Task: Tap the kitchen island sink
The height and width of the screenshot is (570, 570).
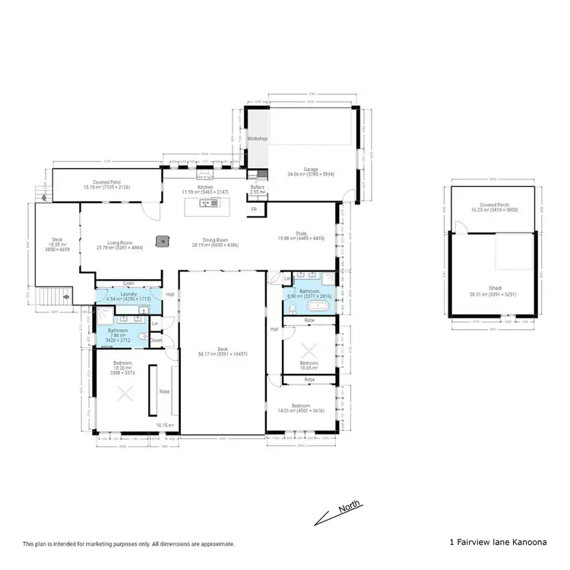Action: tap(206, 203)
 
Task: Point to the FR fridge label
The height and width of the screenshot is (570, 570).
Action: tap(255, 208)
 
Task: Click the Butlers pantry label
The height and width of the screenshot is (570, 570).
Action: tap(257, 187)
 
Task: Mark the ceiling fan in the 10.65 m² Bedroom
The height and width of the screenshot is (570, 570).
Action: tap(309, 351)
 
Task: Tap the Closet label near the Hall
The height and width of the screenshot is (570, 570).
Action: tap(155, 340)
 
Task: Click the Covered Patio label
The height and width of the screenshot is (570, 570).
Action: tap(108, 182)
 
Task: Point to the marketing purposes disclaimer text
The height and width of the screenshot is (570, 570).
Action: tap(128, 544)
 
